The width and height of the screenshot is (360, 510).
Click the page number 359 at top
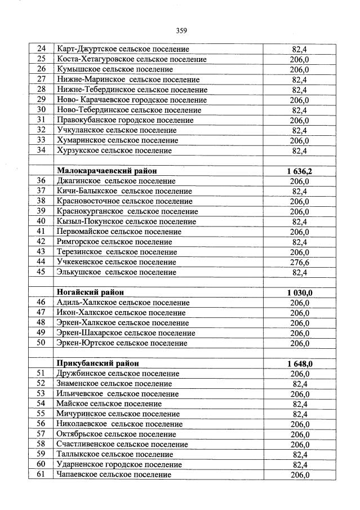pos(181,30)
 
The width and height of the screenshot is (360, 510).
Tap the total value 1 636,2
pos(299,171)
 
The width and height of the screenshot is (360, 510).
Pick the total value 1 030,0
pos(299,292)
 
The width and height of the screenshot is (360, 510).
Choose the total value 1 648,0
pos(299,363)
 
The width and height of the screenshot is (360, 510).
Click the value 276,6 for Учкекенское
pos(299,262)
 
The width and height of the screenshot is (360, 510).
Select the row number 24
pos(41,49)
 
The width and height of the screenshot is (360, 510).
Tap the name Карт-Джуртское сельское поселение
pos(123,49)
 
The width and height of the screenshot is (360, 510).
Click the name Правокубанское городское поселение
pos(125,120)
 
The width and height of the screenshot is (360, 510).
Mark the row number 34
pos(41,150)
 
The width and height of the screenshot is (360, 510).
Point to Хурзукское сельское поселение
pos(114,150)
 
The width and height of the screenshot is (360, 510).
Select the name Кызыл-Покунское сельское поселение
pos(126,221)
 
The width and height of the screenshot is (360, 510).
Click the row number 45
pos(41,272)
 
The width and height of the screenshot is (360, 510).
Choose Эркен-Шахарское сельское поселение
pos(126,333)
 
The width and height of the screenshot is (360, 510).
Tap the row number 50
pos(41,343)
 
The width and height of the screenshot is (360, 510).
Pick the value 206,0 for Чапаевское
pos(299,475)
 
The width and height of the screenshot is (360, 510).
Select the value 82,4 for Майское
pos(299,404)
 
